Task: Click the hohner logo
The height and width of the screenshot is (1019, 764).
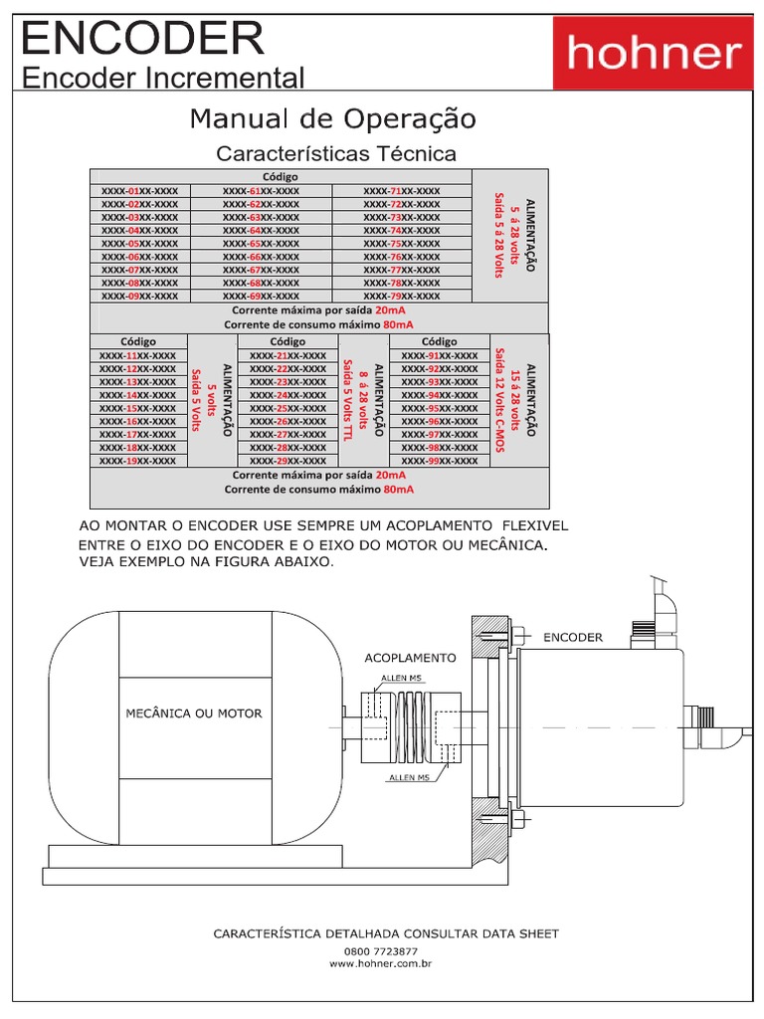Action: coord(654,53)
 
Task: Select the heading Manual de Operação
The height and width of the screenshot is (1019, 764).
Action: coord(332,119)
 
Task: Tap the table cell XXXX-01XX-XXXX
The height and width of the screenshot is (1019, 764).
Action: coord(139,190)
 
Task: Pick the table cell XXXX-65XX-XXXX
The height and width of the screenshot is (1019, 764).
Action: coord(261,243)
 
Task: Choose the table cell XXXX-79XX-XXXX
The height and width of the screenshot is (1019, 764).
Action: coord(401,296)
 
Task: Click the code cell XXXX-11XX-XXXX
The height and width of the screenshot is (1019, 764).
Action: coord(137,355)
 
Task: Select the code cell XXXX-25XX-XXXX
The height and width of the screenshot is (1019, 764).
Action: coord(287,408)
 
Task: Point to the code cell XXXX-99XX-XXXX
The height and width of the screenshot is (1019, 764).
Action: coord(439,461)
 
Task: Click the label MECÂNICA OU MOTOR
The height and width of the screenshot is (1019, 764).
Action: coord(194,713)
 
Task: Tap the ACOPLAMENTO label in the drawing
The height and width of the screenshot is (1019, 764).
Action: coord(410,658)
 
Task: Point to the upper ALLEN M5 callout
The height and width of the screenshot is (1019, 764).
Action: coord(401,680)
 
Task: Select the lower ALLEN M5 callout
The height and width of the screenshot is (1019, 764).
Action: coord(409,777)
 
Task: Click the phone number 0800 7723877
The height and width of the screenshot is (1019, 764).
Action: coord(381,950)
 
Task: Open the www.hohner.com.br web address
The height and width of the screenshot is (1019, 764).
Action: coord(381,963)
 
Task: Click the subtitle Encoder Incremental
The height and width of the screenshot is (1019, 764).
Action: coord(163,77)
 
